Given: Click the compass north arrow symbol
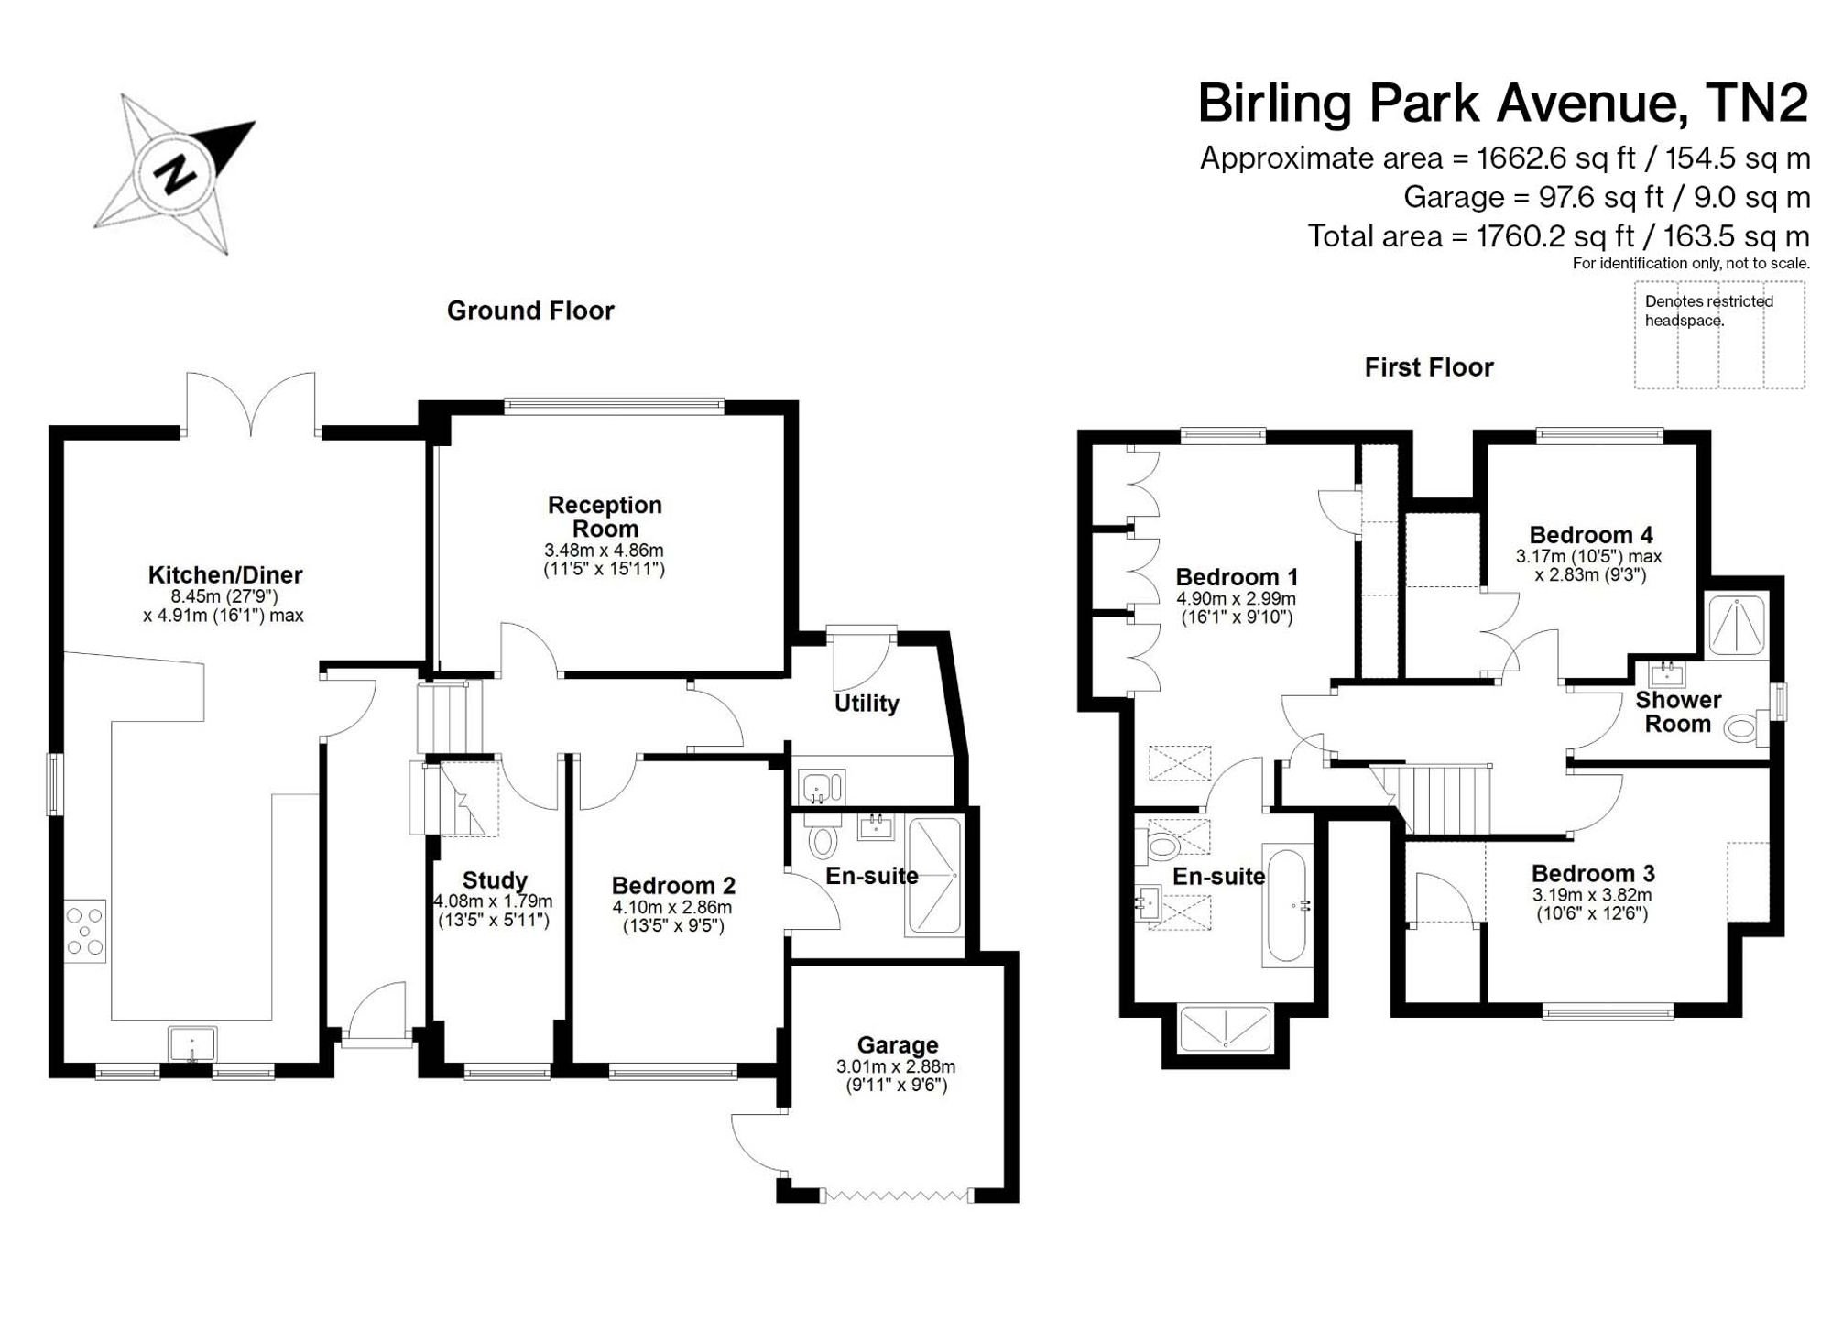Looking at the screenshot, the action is [x=174, y=173].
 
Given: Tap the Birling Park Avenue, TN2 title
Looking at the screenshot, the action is [x=1503, y=104].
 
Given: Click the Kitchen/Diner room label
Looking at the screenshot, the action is [x=225, y=575].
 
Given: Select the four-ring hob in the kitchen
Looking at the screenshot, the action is [x=85, y=931].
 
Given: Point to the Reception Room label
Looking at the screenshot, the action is [x=605, y=517].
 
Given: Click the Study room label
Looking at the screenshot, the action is [x=495, y=880].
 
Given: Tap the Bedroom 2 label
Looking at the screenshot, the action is [x=673, y=886].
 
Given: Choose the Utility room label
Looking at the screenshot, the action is [x=867, y=704].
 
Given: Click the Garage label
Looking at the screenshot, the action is [x=898, y=1045].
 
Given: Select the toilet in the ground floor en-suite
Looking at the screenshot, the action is [x=823, y=836].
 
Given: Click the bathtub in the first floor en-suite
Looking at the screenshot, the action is [x=1287, y=906].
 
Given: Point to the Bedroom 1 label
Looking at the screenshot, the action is [x=1237, y=577].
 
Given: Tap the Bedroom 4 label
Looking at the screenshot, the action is [x=1591, y=535].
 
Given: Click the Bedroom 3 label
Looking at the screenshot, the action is [x=1593, y=874].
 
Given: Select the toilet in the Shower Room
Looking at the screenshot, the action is [x=1744, y=729].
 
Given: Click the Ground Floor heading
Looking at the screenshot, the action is [x=530, y=311].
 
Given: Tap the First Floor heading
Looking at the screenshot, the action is [x=1429, y=367].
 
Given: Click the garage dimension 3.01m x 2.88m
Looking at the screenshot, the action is [x=896, y=1066].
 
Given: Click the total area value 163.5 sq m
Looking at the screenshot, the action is [x=1737, y=237].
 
